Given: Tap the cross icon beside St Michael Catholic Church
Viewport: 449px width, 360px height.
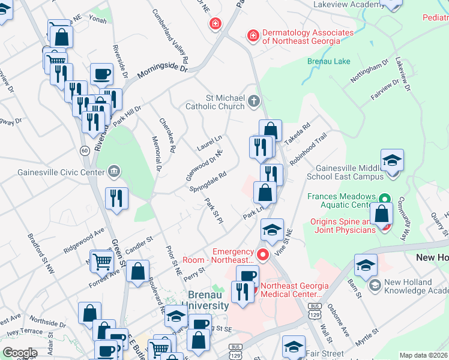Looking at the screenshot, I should [x=254, y=103].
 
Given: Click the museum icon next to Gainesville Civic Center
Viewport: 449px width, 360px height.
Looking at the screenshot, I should [x=113, y=173].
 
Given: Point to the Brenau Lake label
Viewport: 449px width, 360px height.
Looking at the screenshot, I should [x=328, y=62].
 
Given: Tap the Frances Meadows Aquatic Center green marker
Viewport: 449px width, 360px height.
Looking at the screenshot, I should [x=384, y=199].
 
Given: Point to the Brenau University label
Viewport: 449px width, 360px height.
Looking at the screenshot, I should [x=208, y=300].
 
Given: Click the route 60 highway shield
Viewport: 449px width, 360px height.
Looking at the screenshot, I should [x=86, y=150].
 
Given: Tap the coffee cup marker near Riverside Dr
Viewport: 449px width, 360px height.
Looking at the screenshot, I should [x=101, y=74].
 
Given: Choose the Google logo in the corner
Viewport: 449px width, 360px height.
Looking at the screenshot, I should [x=20, y=353].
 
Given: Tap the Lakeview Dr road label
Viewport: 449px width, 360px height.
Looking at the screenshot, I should [x=402, y=74].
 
